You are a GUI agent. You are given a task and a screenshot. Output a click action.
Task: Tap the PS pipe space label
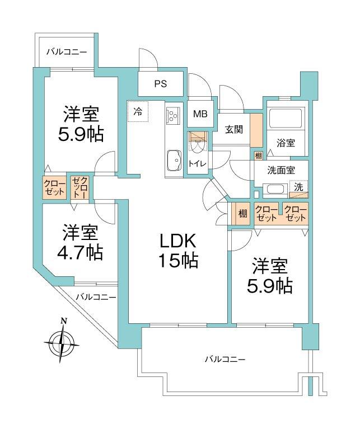pyautogui.click(x=161, y=84)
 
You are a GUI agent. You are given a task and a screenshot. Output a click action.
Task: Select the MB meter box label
pyautogui.click(x=200, y=114)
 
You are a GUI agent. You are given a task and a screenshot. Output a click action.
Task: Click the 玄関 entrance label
pyautogui.click(x=234, y=130)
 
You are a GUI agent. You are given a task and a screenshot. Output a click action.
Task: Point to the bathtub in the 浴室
pyautogui.click(x=286, y=119)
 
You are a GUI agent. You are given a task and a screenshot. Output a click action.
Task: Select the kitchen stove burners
pyautogui.click(x=172, y=116)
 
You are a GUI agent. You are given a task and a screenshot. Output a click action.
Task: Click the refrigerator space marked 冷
pyautogui.click(x=138, y=111)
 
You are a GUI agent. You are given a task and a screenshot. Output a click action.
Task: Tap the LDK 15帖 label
pyautogui.click(x=178, y=250)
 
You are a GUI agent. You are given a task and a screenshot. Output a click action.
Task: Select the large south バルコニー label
pyautogui.click(x=225, y=359)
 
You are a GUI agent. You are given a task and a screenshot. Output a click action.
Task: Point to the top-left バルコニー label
pyautogui.click(x=67, y=52)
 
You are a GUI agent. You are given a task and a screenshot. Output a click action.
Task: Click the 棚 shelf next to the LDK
pyautogui.click(x=242, y=213)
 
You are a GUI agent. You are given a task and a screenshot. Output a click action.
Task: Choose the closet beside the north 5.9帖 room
pyautogui.click(x=55, y=187)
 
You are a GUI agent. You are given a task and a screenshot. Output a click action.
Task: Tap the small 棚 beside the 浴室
pyautogui.click(x=258, y=155)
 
